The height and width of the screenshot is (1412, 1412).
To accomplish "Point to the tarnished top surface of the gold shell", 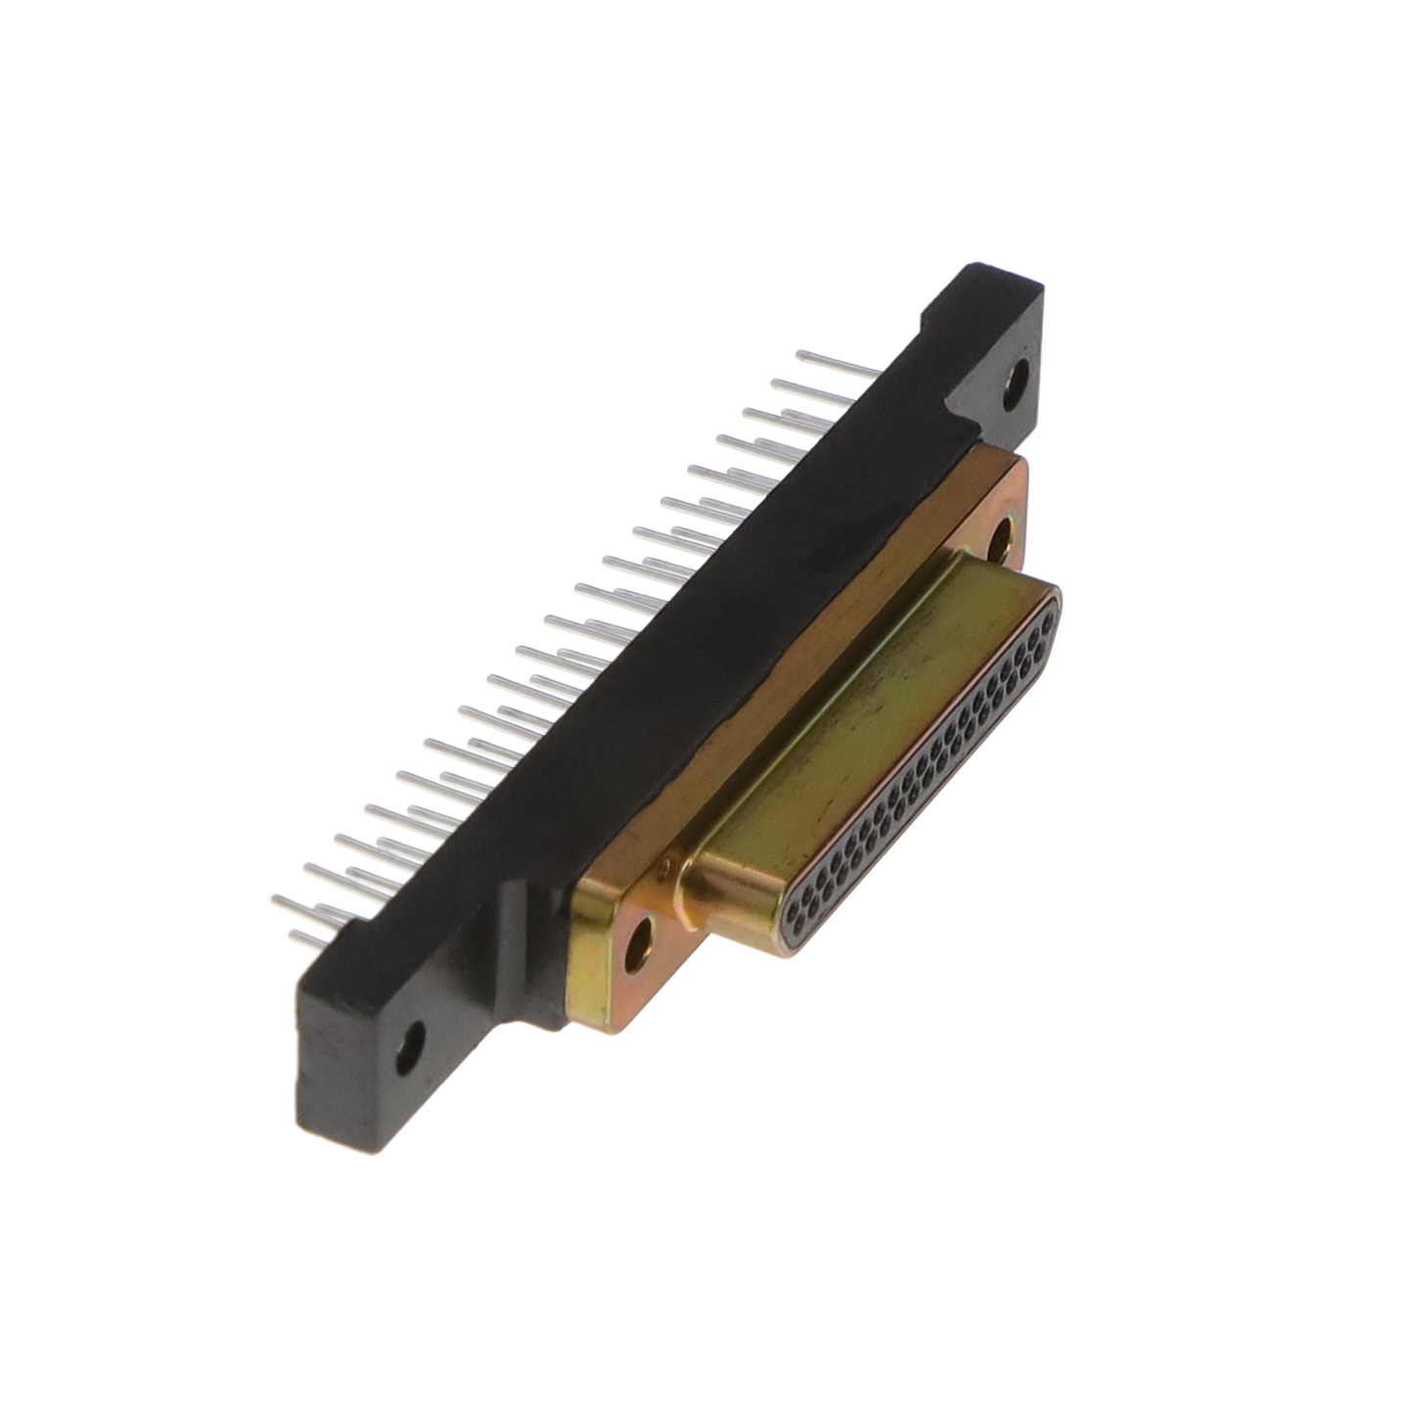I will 861,714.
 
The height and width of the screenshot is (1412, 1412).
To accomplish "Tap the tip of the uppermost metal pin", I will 800,353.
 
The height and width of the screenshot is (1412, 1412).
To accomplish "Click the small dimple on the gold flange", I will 665,863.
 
